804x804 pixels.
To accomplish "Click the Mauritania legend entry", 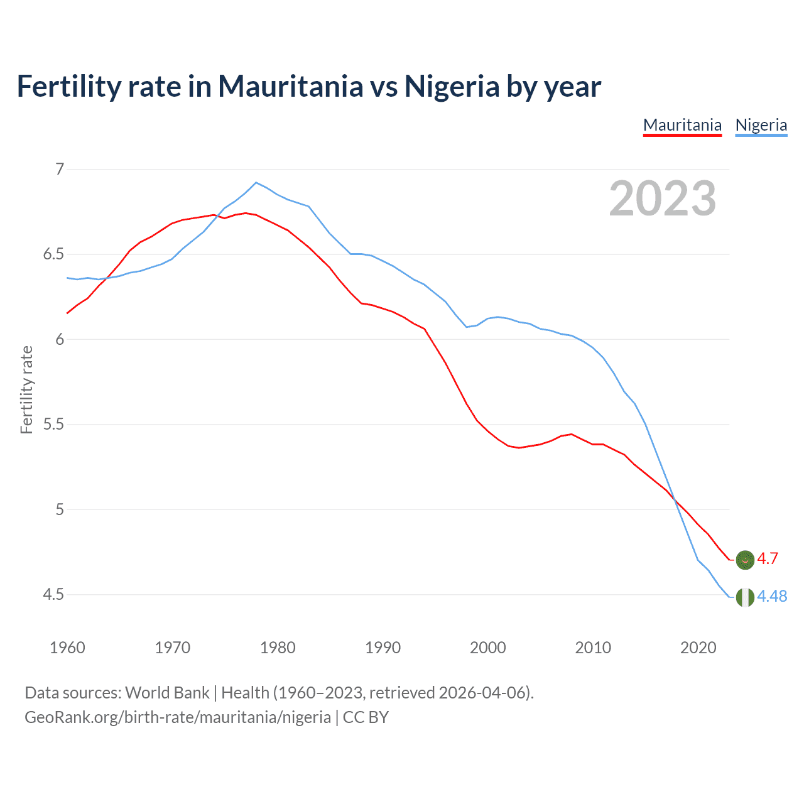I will click(682, 125).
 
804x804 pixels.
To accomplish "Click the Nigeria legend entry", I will click(761, 125).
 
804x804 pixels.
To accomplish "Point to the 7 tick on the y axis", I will click(60, 169).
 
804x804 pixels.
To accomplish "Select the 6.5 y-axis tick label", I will click(53, 254).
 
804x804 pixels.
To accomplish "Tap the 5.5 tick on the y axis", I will click(53, 425).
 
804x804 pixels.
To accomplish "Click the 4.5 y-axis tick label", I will click(53, 594).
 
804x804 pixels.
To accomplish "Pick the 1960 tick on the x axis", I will click(67, 648).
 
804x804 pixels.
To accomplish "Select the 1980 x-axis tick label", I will click(278, 648).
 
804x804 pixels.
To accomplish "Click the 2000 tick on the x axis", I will click(487, 648).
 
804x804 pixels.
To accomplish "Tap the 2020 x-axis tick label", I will click(698, 648).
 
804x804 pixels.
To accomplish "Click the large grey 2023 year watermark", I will click(662, 198).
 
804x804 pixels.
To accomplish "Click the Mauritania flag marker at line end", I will click(745, 559).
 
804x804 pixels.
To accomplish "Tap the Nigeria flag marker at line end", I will click(745, 597).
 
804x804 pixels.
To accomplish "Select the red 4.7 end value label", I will click(768, 558).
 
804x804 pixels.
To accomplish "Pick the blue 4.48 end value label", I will click(772, 596).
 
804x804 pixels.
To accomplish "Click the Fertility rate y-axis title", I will click(26, 389).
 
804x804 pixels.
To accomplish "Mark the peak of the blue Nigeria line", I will click(256, 183).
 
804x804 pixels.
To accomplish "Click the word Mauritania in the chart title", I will click(290, 86).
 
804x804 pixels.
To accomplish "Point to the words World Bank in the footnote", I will click(167, 693).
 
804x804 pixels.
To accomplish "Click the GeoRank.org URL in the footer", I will click(178, 717).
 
